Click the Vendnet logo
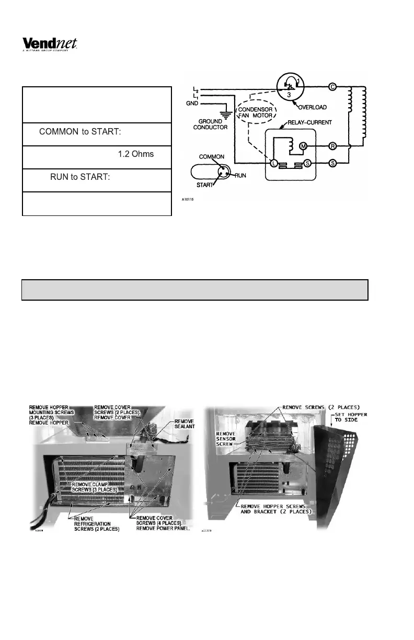pos(50,44)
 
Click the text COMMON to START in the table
pos(80,132)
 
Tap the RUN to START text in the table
pos(80,178)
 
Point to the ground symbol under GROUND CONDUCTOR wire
pos(226,112)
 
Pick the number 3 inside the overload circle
pos(288,96)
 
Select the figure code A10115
pos(189,199)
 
